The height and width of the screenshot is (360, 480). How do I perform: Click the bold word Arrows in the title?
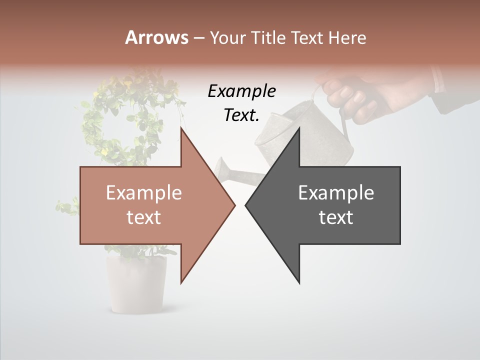click(x=156, y=37)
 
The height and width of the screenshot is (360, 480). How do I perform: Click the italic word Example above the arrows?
click(x=242, y=92)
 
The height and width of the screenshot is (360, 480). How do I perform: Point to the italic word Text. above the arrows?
click(x=242, y=115)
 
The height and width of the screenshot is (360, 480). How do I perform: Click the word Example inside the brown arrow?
click(x=144, y=193)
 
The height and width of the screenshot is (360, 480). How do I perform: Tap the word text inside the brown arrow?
click(x=144, y=217)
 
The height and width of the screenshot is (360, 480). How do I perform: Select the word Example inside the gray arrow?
click(x=336, y=193)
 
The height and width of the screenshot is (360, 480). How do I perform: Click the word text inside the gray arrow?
click(x=336, y=217)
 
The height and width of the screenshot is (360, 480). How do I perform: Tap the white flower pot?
click(x=136, y=285)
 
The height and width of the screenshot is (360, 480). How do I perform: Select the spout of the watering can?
click(x=235, y=172)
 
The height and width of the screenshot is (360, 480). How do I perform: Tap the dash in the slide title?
click(x=198, y=37)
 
